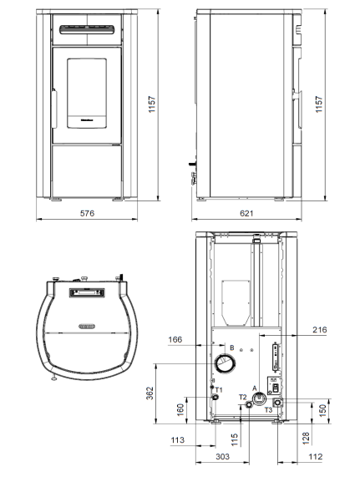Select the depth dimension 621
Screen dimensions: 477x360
pyautogui.click(x=248, y=214)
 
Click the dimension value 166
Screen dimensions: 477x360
pyautogui.click(x=175, y=340)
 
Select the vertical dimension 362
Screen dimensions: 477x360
pyautogui.click(x=150, y=393)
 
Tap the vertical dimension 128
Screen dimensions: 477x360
pyautogui.click(x=307, y=437)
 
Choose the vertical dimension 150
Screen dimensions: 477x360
pyautogui.click(x=323, y=413)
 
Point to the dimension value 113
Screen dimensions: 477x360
pyautogui.click(x=176, y=439)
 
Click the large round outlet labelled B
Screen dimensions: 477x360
pyautogui.click(x=223, y=364)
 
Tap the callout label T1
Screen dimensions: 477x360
pyautogui.click(x=220, y=390)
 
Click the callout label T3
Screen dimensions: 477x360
pyautogui.click(x=268, y=410)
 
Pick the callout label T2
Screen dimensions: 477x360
pyautogui.click(x=243, y=397)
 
